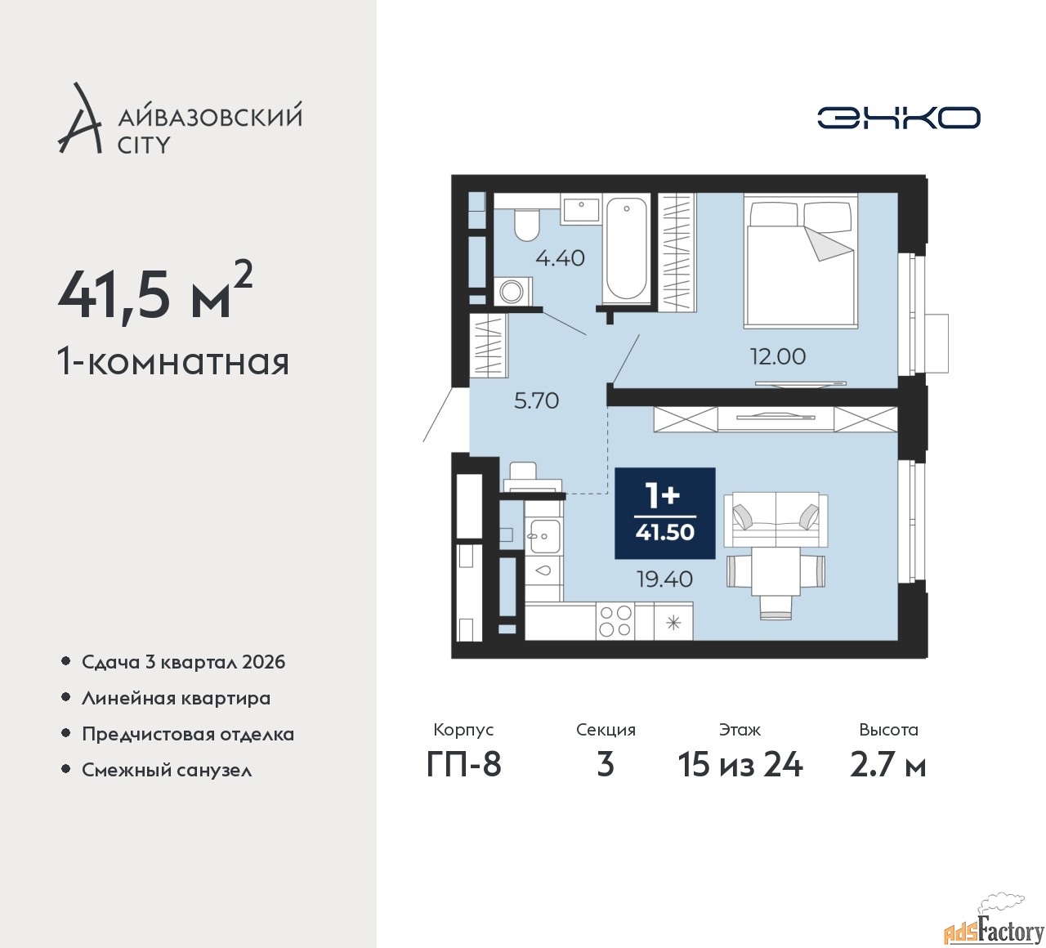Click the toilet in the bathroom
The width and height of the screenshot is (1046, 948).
coord(526,224)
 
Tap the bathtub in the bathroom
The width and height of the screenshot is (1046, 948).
coord(626,248)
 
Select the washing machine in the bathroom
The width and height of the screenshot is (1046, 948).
coord(513,291)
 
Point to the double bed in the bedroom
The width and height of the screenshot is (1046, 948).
coord(800,261)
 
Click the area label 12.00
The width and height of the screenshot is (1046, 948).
coord(777,356)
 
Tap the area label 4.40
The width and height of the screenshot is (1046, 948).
coord(560,258)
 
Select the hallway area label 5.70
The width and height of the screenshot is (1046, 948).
coord(536,401)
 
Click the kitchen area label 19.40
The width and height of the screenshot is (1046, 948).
coord(664,579)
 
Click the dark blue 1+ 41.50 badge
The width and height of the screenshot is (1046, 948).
coord(665,513)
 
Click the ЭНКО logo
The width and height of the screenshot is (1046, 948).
coord(898,118)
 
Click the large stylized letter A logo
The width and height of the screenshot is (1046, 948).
coord(78,118)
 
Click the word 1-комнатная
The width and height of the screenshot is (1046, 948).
coord(173,362)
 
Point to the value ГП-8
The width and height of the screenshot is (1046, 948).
coord(463,765)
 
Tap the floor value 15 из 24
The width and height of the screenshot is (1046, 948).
coord(740,765)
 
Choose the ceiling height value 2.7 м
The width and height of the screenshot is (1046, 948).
coord(887,765)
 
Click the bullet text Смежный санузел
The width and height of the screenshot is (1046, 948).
coord(167,770)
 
